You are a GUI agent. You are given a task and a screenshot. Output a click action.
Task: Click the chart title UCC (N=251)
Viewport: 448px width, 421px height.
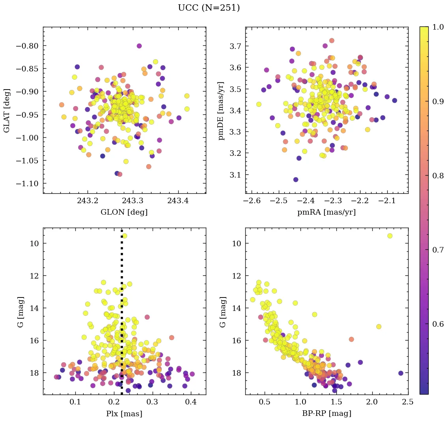209,8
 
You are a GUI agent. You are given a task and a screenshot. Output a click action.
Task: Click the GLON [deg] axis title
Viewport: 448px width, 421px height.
124,212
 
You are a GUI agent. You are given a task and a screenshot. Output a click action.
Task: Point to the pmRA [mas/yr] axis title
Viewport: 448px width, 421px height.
327,212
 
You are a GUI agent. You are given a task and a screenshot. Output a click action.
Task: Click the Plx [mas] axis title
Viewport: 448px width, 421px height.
124,414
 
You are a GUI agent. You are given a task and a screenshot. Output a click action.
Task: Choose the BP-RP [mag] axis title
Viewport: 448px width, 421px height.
327,414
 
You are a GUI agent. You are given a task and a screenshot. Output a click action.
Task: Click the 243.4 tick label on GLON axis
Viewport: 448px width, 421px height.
178,201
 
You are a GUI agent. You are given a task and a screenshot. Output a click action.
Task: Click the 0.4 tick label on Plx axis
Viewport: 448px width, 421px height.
191,402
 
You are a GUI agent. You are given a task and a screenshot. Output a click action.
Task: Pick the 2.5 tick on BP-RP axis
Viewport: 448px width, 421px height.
408,402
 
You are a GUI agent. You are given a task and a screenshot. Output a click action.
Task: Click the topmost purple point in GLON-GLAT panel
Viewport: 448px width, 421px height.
139,46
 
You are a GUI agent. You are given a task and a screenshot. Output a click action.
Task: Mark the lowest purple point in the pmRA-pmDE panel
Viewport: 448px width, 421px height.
296,180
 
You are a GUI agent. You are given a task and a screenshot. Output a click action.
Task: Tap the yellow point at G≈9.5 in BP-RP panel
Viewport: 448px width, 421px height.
390,236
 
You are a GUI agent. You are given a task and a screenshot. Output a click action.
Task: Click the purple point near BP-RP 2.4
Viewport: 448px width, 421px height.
401,373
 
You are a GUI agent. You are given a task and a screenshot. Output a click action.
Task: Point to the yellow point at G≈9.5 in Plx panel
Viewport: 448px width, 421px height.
125,236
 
